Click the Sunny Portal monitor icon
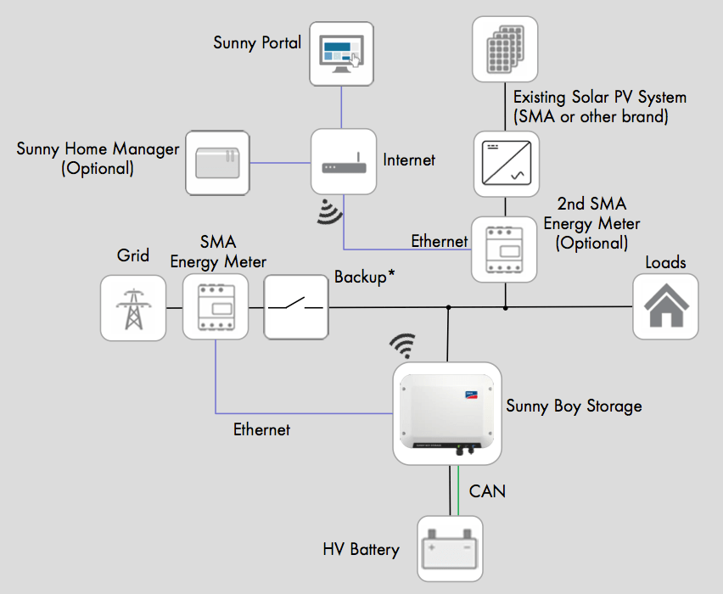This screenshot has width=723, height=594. [342, 53]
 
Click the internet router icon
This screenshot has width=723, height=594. [343, 161]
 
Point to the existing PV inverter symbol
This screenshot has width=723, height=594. [506, 162]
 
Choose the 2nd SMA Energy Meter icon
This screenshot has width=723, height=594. [505, 249]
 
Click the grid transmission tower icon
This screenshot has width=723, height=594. [133, 307]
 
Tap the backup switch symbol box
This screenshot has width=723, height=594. [295, 307]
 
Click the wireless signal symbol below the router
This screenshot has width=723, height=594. [329, 212]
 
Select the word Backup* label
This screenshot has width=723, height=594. [365, 277]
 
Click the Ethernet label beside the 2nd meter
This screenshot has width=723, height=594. [439, 241]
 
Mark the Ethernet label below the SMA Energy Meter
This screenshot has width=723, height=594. [261, 429]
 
